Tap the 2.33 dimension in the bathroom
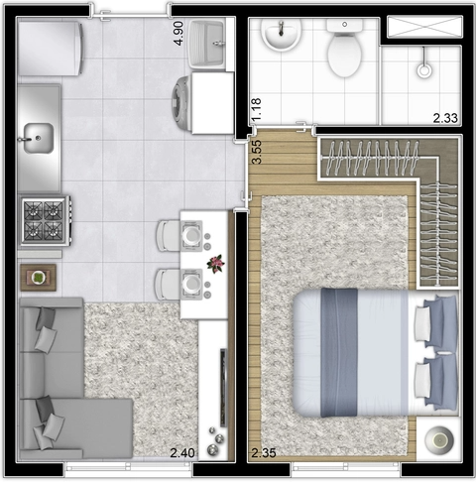click(445, 118)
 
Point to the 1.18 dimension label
click(256, 109)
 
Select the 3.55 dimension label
click(256, 151)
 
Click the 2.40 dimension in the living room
click(181, 453)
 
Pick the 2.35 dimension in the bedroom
click(264, 453)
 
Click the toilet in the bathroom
click(344, 54)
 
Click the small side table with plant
click(40, 276)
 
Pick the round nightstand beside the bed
click(436, 435)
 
